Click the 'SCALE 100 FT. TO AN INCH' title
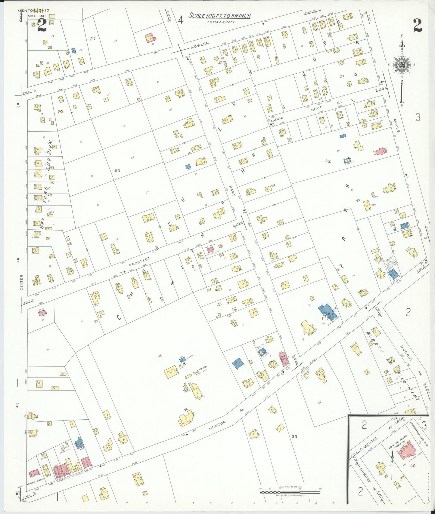pos(219,16)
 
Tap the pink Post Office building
pos(284,358)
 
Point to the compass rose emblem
pos(402,65)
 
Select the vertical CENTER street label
pos(21,282)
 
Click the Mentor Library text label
pos(36,484)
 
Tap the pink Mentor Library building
pos(34,474)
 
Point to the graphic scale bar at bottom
pos(290,492)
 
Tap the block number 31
pos(160,356)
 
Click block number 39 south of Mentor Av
pos(294,436)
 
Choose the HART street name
pos(232,190)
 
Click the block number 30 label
pos(117,170)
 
